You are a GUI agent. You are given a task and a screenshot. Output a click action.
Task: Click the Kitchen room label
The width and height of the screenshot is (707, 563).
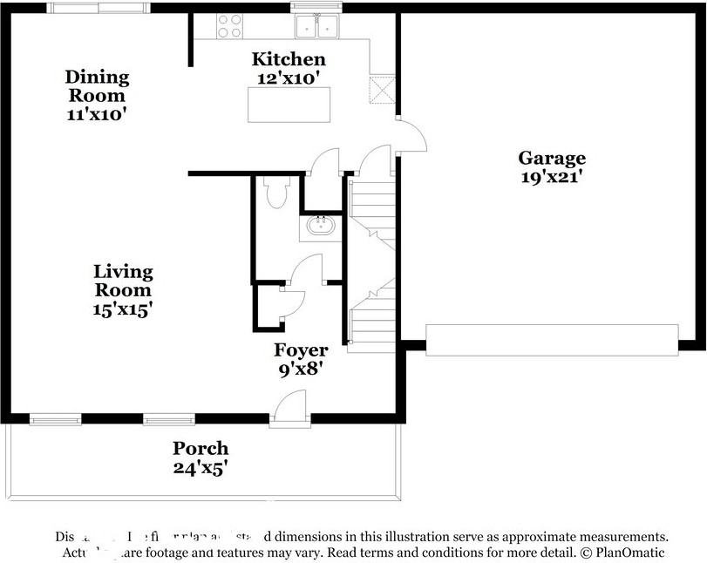coord(289,59)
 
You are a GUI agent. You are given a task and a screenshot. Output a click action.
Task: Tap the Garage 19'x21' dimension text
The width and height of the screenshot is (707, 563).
coord(552,176)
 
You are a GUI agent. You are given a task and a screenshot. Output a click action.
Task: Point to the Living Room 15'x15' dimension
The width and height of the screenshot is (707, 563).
coord(123,309)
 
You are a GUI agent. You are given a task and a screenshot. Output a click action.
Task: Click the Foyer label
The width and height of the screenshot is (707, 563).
coord(301,350)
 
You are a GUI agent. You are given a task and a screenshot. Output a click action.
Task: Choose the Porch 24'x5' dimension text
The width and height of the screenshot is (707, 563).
coord(201,467)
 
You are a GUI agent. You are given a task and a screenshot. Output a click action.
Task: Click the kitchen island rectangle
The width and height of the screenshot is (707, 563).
coord(289,105)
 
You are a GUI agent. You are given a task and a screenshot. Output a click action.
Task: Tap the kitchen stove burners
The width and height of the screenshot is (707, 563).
coord(229,26)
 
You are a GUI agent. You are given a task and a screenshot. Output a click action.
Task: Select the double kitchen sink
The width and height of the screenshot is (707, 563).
coord(316,28)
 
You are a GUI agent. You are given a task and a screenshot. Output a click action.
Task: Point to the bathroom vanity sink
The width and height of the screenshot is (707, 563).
coord(323,228)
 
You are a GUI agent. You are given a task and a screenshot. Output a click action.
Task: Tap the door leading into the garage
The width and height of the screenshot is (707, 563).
coord(411,135)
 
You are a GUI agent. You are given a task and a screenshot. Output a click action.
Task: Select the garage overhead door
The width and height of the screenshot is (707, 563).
coord(551,338)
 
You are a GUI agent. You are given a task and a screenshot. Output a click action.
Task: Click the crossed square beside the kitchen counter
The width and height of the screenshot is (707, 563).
coord(383,89)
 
